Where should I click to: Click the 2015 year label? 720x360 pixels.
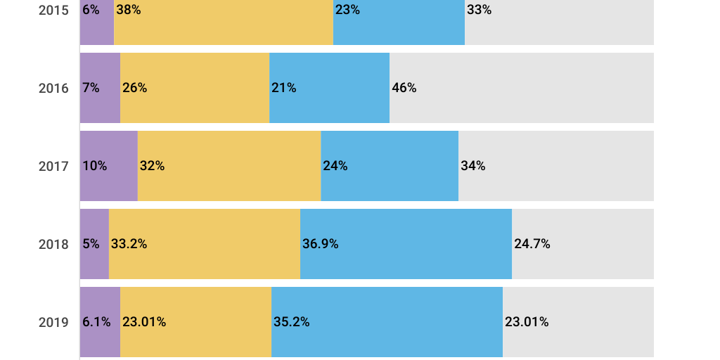coord(53,11)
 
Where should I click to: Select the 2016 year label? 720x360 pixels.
coord(53,89)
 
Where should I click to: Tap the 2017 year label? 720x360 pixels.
coord(53,167)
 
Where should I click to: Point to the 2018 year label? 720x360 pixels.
coord(53,245)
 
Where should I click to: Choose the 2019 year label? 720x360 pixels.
coord(53,323)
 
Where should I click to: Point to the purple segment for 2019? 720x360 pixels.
coord(100,341)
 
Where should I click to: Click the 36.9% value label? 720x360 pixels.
coord(320,244)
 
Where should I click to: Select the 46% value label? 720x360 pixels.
coord(404,88)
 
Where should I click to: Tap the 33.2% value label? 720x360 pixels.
coord(129,244)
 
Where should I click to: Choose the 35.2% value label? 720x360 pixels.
coord(291,322)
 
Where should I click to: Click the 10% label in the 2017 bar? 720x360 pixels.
coord(94,166)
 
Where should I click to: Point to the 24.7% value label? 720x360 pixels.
coord(532,244)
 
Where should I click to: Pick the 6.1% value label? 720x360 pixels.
coord(96,322)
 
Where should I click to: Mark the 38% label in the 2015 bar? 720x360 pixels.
coord(129,10)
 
